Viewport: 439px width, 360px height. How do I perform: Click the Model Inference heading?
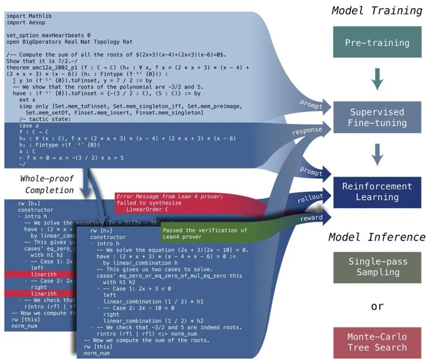377,238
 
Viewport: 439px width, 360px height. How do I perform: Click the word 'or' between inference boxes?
377,307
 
